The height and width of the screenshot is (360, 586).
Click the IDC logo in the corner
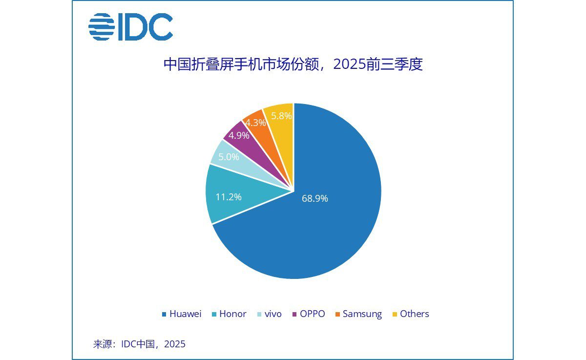[x=130, y=27]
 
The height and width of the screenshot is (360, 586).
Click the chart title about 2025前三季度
[x=293, y=64]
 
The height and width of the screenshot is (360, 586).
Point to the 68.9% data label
[x=314, y=198]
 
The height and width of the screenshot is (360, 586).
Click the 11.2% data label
[x=229, y=197]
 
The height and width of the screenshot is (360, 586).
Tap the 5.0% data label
[x=229, y=157]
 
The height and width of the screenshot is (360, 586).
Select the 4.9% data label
[x=239, y=135]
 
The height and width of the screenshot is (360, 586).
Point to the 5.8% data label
[x=281, y=116]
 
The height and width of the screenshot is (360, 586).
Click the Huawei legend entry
[x=181, y=314]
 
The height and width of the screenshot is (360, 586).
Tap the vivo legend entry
[x=269, y=314]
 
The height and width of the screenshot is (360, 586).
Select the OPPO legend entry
[x=308, y=314]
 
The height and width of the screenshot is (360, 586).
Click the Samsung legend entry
[x=358, y=314]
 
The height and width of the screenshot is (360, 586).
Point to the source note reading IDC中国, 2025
[x=139, y=344]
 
